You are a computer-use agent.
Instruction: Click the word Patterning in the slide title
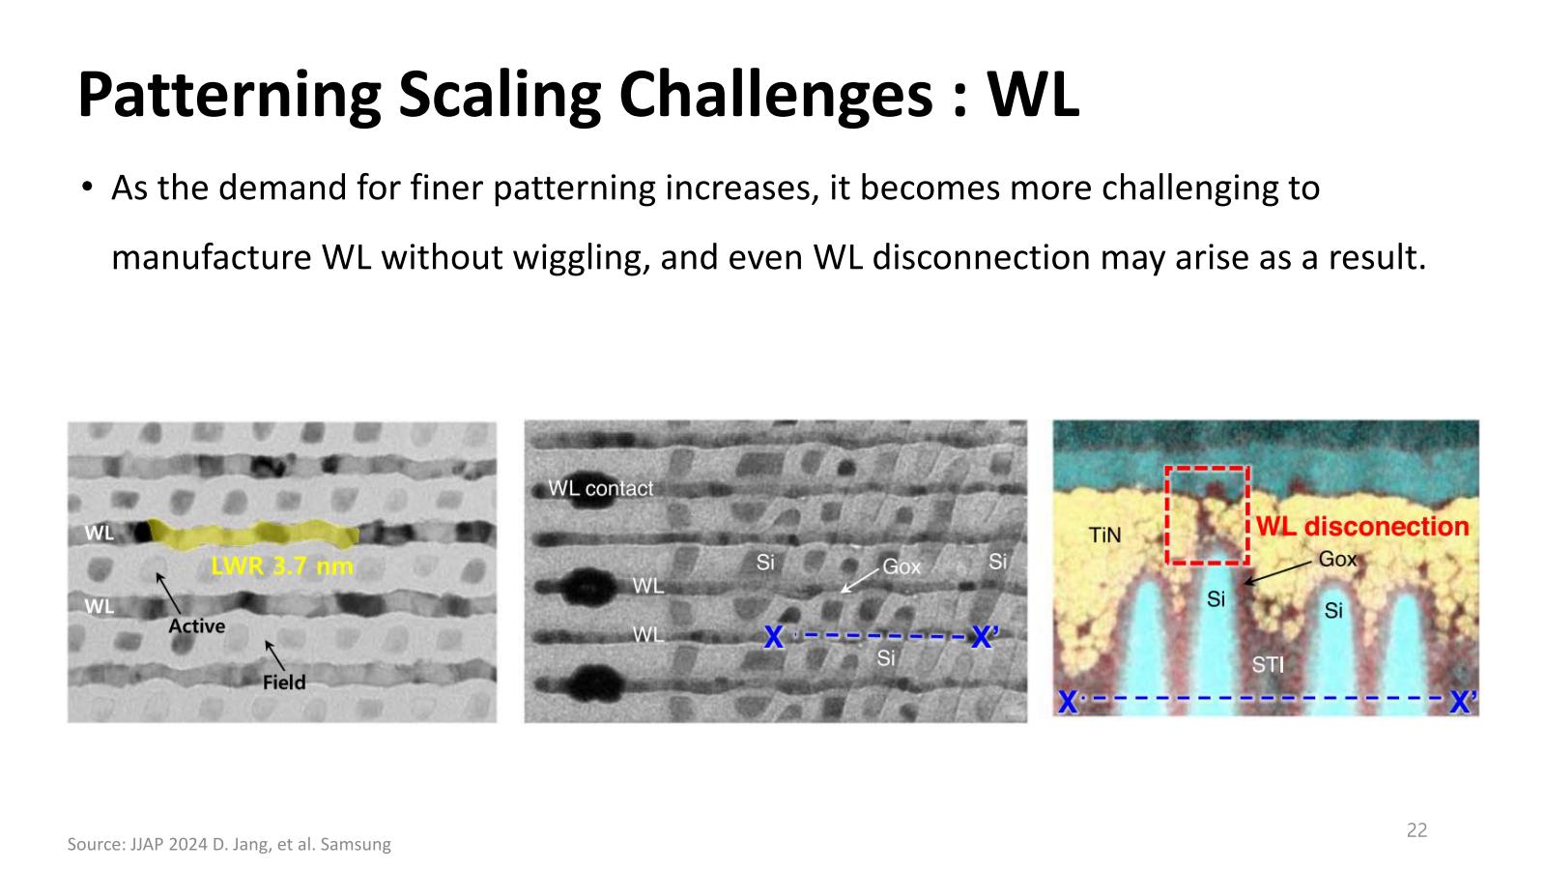click(229, 96)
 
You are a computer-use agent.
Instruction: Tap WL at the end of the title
click(1033, 94)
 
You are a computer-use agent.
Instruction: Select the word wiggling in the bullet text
click(581, 258)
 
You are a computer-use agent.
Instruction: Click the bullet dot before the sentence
click(86, 188)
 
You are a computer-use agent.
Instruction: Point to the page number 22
click(1417, 830)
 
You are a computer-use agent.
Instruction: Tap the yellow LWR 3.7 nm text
click(282, 566)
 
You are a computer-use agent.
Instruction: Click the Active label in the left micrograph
click(197, 626)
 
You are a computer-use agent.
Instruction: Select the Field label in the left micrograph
click(284, 682)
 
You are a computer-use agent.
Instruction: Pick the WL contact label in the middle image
click(600, 488)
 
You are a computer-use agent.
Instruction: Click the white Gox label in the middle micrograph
click(902, 566)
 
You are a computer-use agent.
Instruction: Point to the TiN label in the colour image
click(1104, 536)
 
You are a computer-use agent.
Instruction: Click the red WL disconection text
click(1362, 527)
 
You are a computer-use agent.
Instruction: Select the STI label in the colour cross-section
click(1268, 665)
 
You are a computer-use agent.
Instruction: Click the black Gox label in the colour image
click(1337, 559)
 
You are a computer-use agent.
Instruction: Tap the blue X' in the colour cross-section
click(1463, 702)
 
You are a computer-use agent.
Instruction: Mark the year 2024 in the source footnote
click(187, 845)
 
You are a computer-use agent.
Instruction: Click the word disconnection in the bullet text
click(981, 258)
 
